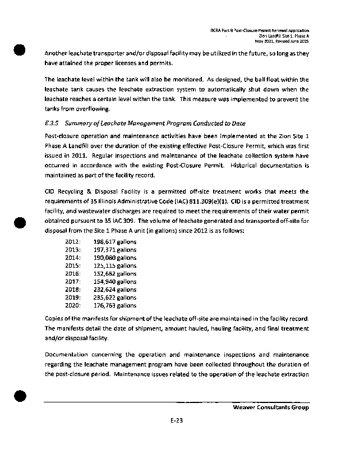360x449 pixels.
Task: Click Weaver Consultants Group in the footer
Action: [271, 407]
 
